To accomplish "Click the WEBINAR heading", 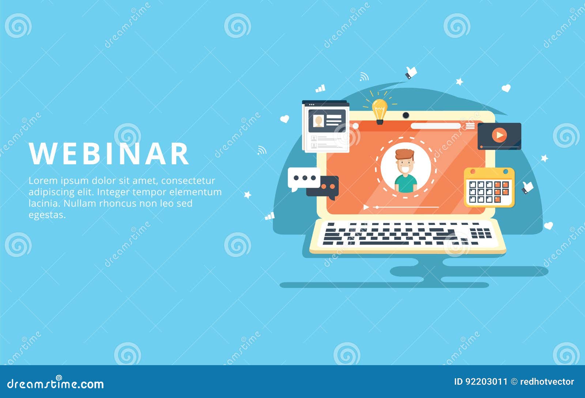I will tap(109, 154).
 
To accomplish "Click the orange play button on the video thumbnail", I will tap(499, 135).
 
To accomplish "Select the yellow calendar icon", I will tap(489, 188).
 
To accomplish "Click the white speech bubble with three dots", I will tap(303, 178).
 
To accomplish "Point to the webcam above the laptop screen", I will tap(406, 115).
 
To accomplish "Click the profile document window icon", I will tap(325, 126).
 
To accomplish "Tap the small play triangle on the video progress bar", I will tap(366, 207).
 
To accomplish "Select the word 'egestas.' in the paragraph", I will tap(47, 215).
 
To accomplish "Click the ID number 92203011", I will tap(486, 382).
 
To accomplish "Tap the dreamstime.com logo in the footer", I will tap(56, 384).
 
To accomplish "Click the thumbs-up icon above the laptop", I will tap(411, 72).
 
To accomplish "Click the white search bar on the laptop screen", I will tap(435, 126).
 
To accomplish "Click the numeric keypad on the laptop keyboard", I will tap(481, 233).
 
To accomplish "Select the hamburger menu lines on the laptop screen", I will tap(470, 126).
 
